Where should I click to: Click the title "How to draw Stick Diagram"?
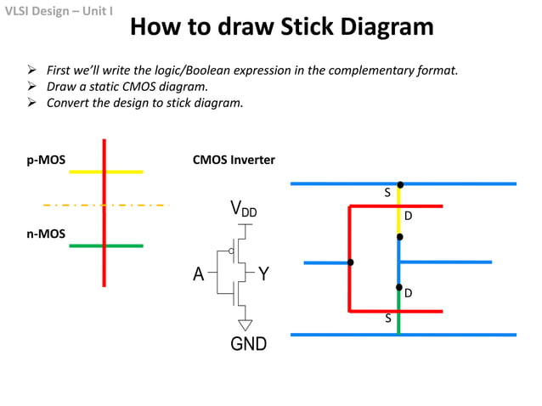pyautogui.click(x=281, y=27)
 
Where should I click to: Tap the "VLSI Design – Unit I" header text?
pyautogui.click(x=58, y=11)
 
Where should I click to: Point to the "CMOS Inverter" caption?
pyautogui.click(x=234, y=160)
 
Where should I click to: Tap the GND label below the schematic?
pyautogui.click(x=248, y=344)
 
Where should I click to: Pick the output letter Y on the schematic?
pyautogui.click(x=263, y=273)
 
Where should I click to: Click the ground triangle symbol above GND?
pyautogui.click(x=246, y=324)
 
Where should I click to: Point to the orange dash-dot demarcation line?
pyautogui.click(x=106, y=205)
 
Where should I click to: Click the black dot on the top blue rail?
pyautogui.click(x=399, y=183)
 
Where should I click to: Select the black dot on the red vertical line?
pyautogui.click(x=350, y=262)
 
